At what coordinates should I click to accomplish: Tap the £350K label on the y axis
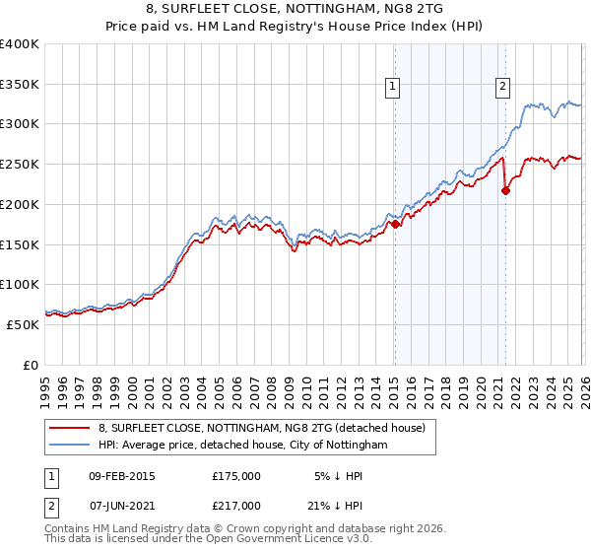click(x=20, y=84)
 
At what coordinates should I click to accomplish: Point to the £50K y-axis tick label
click(x=23, y=324)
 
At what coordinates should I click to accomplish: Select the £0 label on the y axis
click(x=31, y=365)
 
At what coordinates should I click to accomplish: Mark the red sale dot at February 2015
click(x=394, y=224)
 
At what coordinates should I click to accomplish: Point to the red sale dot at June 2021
click(x=505, y=190)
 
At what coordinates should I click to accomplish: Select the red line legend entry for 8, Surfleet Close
click(x=261, y=428)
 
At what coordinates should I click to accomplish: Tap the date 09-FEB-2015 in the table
click(x=121, y=475)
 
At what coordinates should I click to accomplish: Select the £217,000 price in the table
click(x=235, y=505)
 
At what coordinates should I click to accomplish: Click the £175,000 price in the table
click(x=235, y=475)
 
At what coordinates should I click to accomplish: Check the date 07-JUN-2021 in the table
click(x=121, y=505)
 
